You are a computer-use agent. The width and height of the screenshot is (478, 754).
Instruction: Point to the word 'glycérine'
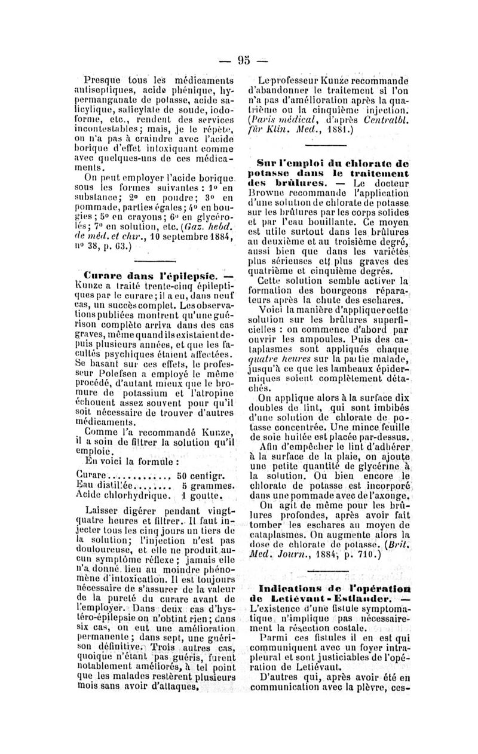coord(373,447)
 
